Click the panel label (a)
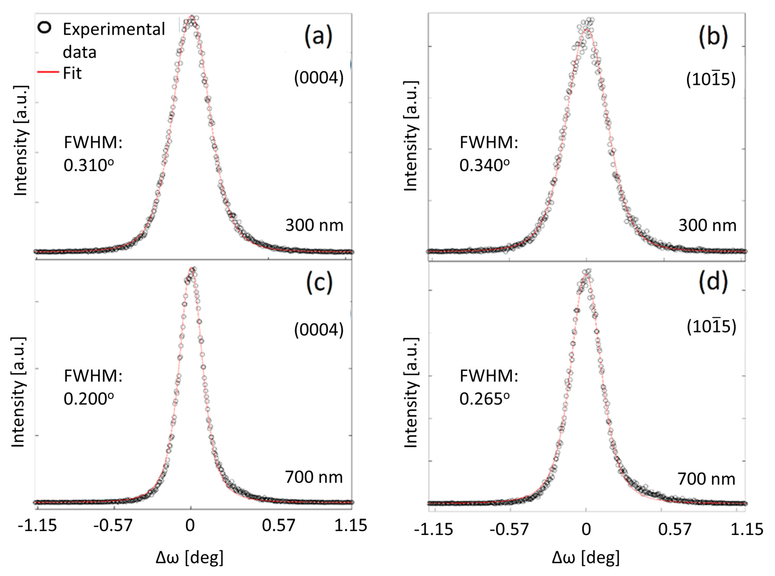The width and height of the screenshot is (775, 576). [318, 36]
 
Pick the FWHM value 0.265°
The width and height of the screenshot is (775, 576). [484, 399]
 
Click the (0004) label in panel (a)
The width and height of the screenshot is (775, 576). [318, 78]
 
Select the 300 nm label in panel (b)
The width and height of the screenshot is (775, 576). [707, 226]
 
